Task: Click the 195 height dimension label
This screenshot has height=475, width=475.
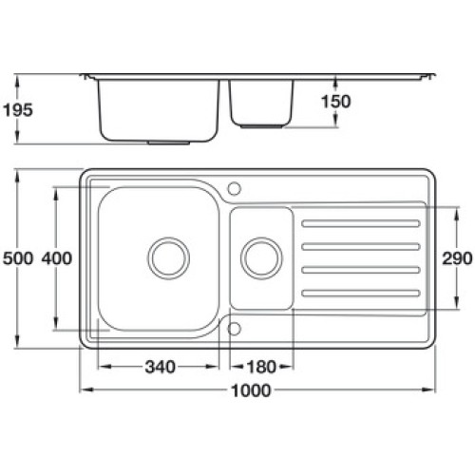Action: click(x=18, y=110)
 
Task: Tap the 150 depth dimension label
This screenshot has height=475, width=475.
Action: click(x=336, y=102)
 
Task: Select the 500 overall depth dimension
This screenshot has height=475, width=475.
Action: click(x=18, y=258)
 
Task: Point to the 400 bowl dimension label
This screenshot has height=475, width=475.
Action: click(x=57, y=258)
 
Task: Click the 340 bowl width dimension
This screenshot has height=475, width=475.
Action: click(x=160, y=368)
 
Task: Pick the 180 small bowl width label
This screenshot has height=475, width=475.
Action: click(x=261, y=368)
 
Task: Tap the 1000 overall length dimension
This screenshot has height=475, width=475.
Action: click(x=251, y=390)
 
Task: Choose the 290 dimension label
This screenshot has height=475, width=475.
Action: click(x=457, y=258)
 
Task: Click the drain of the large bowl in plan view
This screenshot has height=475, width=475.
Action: click(x=169, y=258)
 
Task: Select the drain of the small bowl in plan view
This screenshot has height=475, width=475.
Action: click(x=261, y=258)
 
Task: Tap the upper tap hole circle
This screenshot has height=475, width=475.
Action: click(x=235, y=188)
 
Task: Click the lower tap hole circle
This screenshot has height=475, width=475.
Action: click(x=235, y=329)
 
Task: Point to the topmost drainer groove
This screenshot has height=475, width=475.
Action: click(x=361, y=223)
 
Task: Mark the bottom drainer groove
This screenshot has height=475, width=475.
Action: click(x=361, y=294)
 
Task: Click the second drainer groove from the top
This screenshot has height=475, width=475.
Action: click(x=361, y=246)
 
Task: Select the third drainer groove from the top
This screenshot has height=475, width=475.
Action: click(x=361, y=270)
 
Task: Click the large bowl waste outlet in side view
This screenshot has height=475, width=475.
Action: click(x=169, y=142)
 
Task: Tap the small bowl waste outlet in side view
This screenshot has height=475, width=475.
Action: click(x=261, y=126)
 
